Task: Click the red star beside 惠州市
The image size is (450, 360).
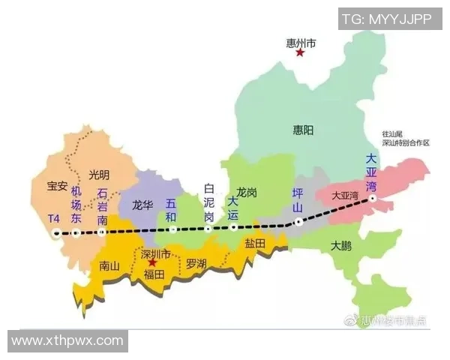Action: [x=300, y=52]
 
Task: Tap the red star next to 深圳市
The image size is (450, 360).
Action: [x=152, y=263]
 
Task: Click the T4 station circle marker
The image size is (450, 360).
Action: [x=56, y=233]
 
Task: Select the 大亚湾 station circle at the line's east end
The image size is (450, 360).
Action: [x=373, y=199]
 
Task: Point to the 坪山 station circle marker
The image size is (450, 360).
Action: [x=298, y=221]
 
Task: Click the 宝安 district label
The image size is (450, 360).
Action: [x=58, y=185]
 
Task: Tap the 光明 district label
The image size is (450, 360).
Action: [x=99, y=175]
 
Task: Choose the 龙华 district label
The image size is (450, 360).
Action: [x=142, y=204]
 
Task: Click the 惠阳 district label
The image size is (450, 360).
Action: [x=304, y=130]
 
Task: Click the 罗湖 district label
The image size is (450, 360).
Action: [x=196, y=263]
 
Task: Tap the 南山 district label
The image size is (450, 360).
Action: [x=109, y=265]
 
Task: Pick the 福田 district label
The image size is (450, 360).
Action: [x=154, y=275]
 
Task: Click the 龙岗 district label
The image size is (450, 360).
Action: [x=247, y=193]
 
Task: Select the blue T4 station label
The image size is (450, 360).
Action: [x=53, y=218]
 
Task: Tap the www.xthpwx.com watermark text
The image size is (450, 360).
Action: [x=67, y=340]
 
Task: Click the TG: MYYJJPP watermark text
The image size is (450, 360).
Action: [x=386, y=19]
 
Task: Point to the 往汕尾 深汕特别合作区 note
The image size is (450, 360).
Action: [x=405, y=137]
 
